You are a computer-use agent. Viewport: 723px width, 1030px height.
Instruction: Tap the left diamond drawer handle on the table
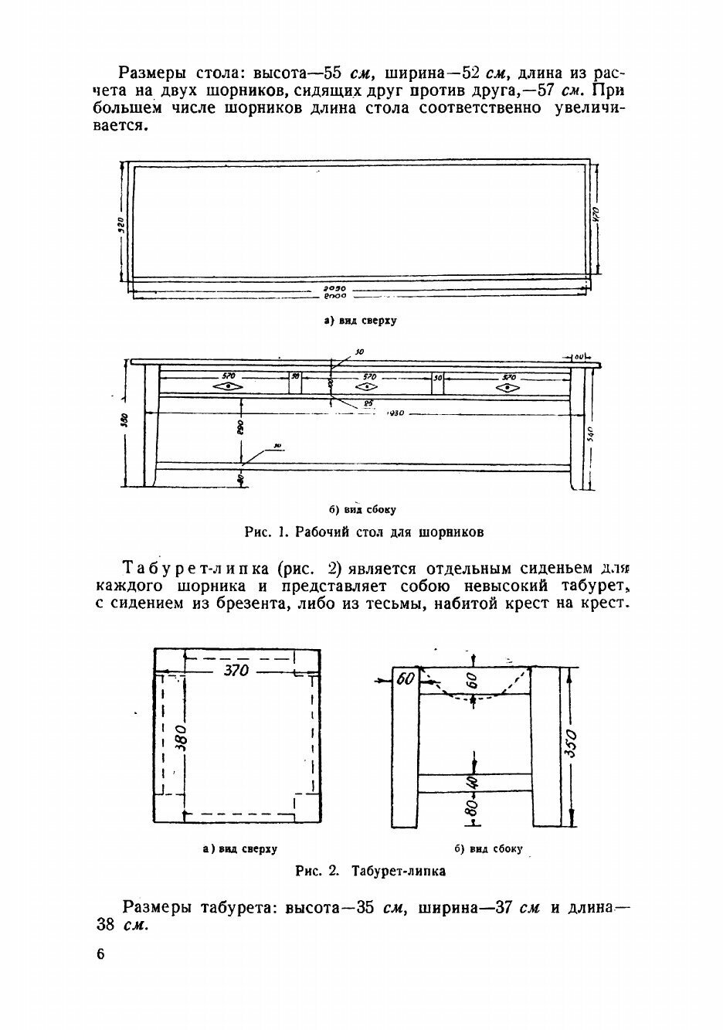tap(228, 386)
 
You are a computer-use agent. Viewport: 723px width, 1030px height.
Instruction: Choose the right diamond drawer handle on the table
tap(507, 387)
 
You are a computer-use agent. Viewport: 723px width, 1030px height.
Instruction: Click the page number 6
tap(100, 954)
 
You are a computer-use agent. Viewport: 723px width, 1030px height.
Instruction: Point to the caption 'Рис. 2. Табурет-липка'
tap(371, 871)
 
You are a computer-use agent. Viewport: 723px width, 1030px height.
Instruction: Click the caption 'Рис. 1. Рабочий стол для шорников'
tap(364, 532)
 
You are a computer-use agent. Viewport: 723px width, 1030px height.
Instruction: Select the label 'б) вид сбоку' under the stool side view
tap(488, 848)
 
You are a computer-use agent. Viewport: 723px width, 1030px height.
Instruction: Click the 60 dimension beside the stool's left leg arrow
tap(405, 679)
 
